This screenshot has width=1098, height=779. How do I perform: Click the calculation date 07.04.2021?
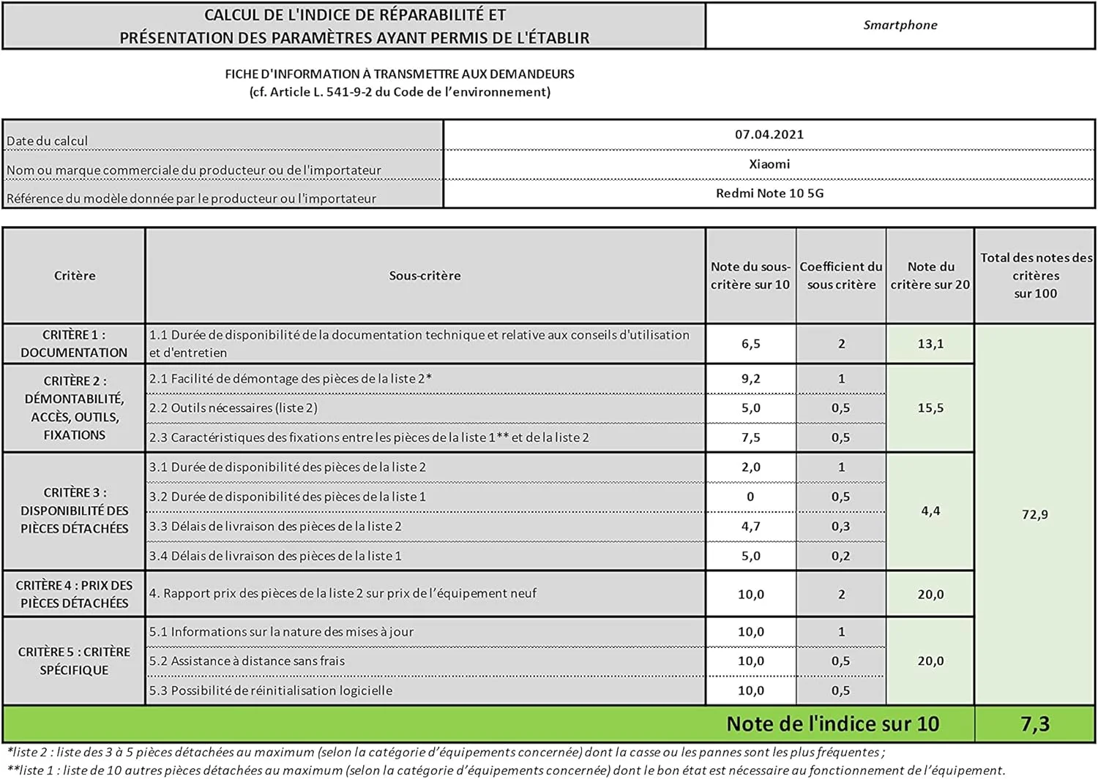(x=769, y=135)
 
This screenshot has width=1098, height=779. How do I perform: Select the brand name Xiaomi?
(x=769, y=164)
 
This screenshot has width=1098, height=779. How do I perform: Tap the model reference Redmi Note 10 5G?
(x=769, y=193)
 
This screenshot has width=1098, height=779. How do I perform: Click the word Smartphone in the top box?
(x=900, y=25)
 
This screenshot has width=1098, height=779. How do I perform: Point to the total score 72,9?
(x=1034, y=514)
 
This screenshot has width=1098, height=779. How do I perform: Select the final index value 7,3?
(x=1034, y=724)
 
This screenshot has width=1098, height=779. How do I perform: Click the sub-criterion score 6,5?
(x=750, y=344)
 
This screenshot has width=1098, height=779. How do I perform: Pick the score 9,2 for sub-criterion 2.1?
(x=750, y=379)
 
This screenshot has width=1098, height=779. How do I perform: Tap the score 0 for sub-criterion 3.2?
(x=750, y=497)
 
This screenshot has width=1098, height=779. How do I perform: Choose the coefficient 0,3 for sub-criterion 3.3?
(x=840, y=526)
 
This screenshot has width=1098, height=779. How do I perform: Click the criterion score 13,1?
(x=930, y=344)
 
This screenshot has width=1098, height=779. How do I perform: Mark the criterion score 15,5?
(x=930, y=408)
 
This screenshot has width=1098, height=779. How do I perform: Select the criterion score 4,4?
(x=930, y=511)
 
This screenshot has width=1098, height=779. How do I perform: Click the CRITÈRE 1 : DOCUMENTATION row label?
(x=74, y=344)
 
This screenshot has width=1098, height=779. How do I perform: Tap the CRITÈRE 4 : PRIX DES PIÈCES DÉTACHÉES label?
(x=74, y=594)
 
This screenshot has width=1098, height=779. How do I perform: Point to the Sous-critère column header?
(x=425, y=276)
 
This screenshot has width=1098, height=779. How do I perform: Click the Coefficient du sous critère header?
(x=841, y=276)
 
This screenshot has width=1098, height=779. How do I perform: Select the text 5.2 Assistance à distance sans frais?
(x=247, y=661)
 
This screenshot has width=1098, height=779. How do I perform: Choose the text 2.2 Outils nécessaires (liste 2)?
(x=234, y=408)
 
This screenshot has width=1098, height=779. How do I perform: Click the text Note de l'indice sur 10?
(x=832, y=724)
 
